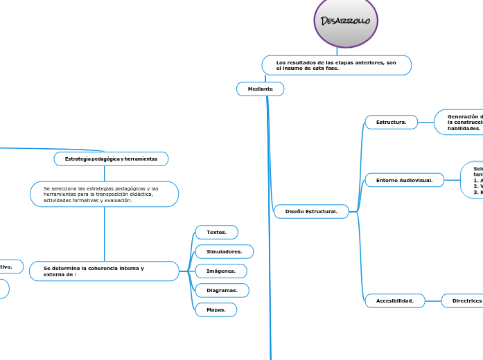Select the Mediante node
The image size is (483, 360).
261,89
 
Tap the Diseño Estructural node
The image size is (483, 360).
311,211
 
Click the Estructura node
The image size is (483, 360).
391,122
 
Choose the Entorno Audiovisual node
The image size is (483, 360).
404,180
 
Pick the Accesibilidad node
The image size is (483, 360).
394,300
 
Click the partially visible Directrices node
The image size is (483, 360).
464,300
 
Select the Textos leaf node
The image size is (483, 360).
216,232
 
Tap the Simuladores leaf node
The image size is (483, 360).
224,251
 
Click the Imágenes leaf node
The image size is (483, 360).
221,271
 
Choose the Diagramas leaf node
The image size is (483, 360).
222,290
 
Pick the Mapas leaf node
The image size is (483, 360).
216,309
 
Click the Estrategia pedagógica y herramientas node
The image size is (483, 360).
111,159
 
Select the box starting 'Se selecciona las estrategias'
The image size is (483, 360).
105,194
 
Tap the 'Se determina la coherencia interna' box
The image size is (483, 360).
104,271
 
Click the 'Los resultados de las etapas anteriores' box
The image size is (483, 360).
337,65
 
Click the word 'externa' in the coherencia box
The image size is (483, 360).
56,275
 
